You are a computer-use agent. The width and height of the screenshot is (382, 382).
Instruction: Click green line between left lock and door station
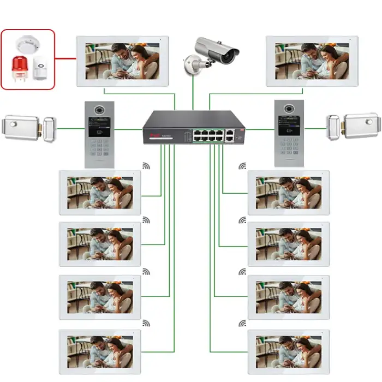tap(70, 129)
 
